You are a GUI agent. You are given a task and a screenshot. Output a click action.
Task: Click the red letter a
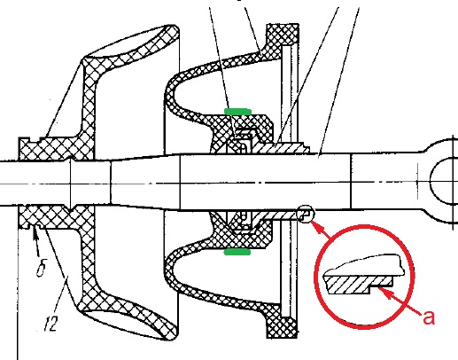click(429, 317)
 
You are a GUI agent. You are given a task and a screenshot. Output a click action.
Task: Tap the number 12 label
click(50, 323)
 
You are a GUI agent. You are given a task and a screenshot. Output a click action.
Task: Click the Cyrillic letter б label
click(42, 269)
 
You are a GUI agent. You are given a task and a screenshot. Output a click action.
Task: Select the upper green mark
click(237, 112)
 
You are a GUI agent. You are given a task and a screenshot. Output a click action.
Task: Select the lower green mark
click(237, 252)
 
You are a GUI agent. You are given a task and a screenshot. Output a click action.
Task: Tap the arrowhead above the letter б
click(35, 236)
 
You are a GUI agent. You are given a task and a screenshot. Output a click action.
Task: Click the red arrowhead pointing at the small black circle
click(317, 227)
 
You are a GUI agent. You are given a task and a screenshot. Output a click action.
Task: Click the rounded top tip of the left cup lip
click(173, 29)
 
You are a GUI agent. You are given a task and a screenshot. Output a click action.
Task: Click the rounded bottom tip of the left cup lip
click(172, 335)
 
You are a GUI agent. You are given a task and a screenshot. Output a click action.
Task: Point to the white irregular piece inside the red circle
click(364, 265)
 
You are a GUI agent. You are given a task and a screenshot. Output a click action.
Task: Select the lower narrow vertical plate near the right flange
click(286, 269)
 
